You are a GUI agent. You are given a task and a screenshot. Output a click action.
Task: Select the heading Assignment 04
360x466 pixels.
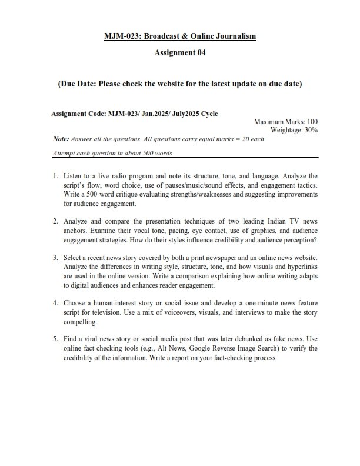(x=179, y=53)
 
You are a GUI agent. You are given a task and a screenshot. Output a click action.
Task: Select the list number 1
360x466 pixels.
(x=55, y=176)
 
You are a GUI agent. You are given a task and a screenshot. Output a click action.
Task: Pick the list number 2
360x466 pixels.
(x=55, y=221)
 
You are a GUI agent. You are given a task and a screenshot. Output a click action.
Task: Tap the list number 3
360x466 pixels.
(x=55, y=258)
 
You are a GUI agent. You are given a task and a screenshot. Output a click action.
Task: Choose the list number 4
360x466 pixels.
(x=55, y=304)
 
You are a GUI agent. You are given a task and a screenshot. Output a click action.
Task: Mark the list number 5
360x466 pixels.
(x=55, y=339)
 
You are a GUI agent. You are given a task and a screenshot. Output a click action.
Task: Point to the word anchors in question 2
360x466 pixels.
(x=77, y=231)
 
